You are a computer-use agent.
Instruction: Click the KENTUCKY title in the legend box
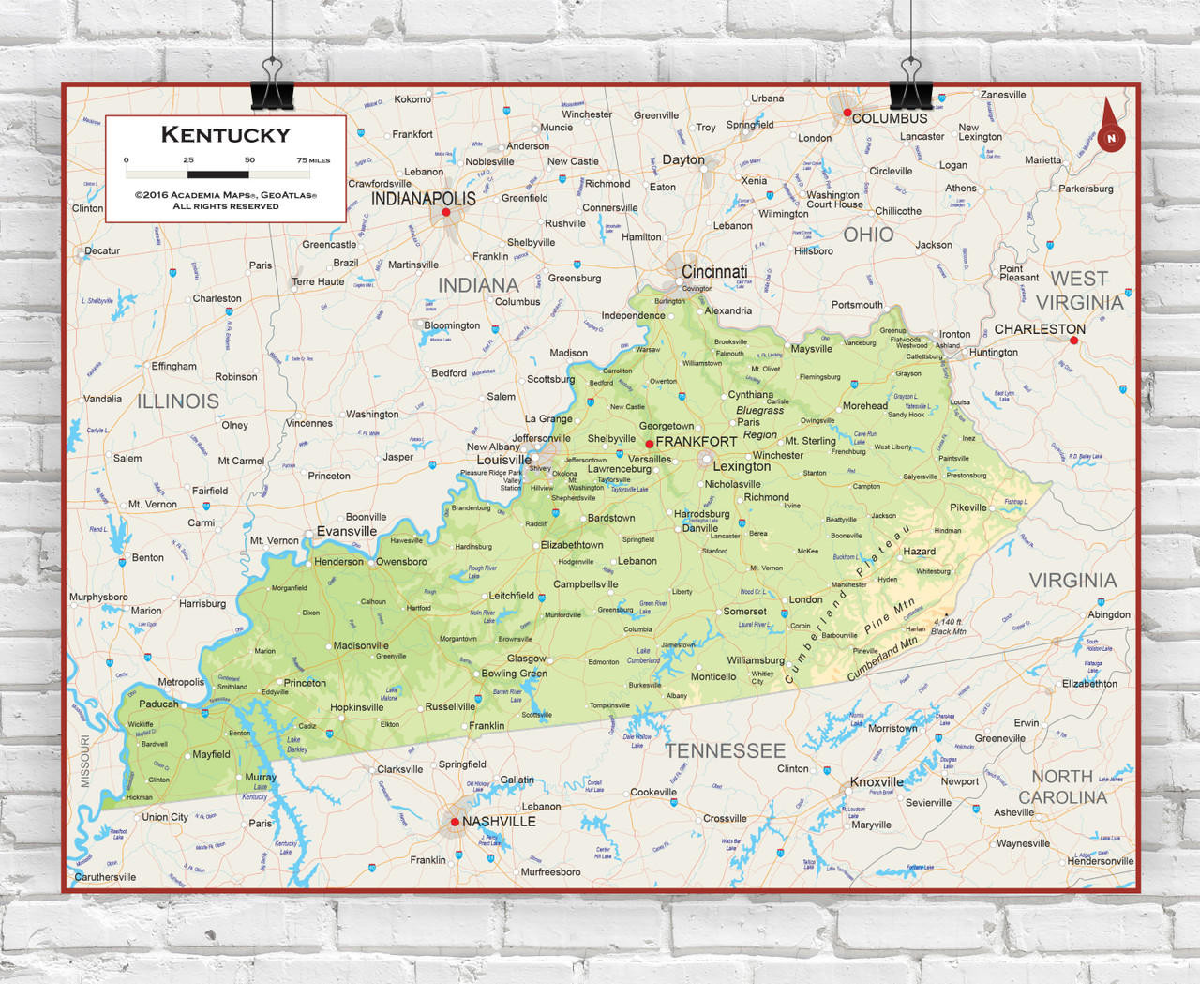click(x=225, y=135)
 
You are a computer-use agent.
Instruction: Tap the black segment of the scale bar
click(x=217, y=174)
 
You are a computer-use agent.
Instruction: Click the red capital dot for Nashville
click(x=455, y=822)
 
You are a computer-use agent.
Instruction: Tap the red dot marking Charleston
click(x=1074, y=341)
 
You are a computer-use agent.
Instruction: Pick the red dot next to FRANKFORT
click(x=649, y=443)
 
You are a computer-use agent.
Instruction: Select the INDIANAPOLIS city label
click(x=423, y=199)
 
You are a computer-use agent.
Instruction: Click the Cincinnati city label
click(x=714, y=272)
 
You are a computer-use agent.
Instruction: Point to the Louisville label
click(x=503, y=460)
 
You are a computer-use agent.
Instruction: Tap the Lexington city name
click(x=742, y=466)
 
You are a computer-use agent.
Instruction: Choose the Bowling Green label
click(x=514, y=674)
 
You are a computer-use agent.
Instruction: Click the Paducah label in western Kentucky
click(x=158, y=704)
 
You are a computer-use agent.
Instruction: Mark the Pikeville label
click(x=968, y=507)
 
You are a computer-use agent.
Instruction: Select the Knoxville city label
click(x=877, y=781)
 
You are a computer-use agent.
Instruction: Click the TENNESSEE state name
click(x=725, y=750)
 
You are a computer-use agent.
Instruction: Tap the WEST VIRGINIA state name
click(x=1079, y=291)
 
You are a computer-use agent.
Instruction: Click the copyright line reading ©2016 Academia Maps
click(x=225, y=195)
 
